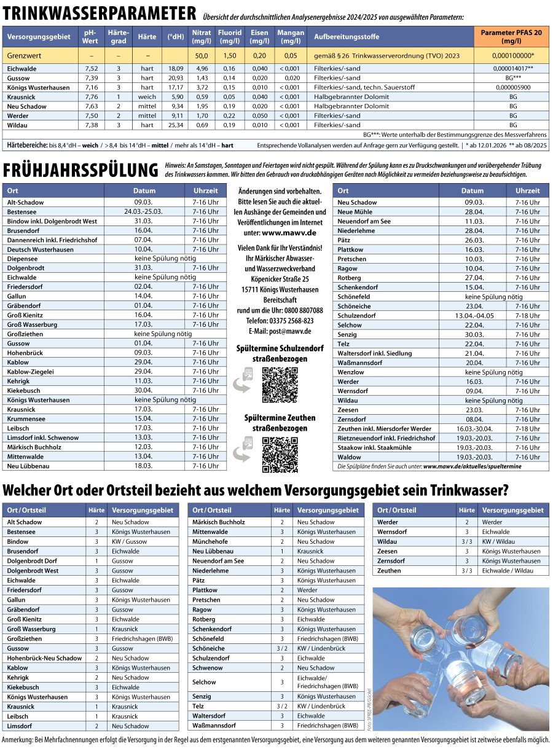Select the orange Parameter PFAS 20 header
tap(511, 36)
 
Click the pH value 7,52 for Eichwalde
tap(92, 69)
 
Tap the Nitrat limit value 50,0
tap(202, 55)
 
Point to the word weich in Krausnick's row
tap(147, 97)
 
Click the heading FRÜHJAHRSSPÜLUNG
tap(81, 170)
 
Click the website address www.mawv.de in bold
tap(289, 233)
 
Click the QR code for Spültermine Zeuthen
tap(280, 455)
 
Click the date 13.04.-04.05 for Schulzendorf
tap(474, 316)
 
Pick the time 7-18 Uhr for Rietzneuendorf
tap(527, 438)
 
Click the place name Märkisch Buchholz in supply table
tap(218, 522)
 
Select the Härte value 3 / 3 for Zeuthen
tap(467, 571)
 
